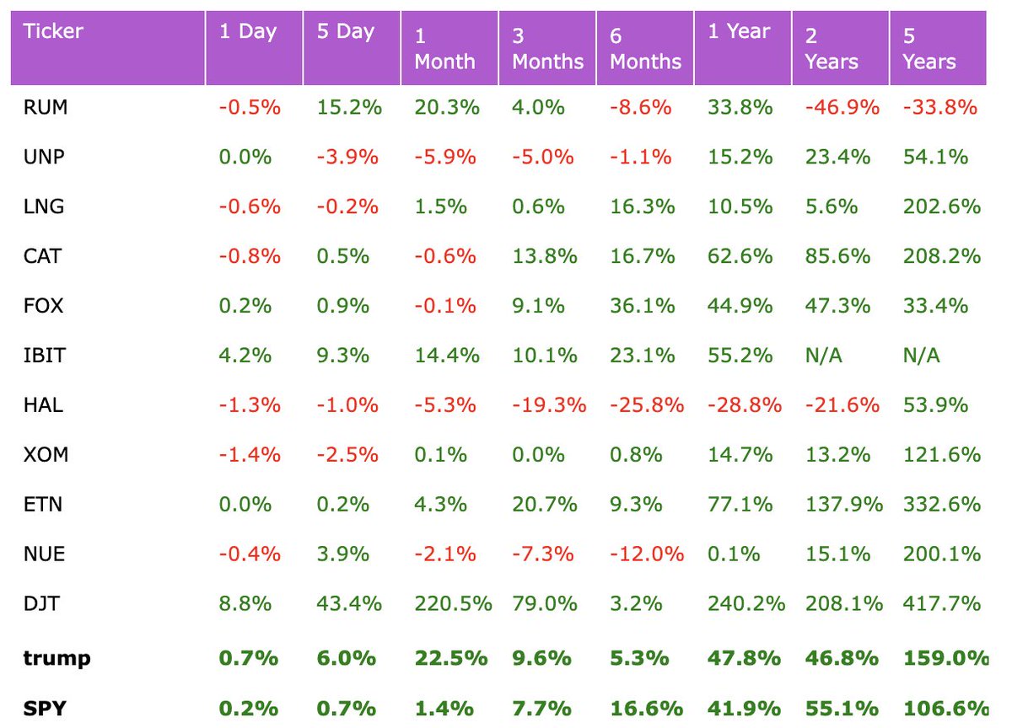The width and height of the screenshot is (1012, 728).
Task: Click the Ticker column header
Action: pyautogui.click(x=53, y=33)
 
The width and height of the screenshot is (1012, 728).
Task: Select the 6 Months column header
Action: pyautogui.click(x=645, y=49)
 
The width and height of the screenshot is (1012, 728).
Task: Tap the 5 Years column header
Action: pyautogui.click(x=929, y=49)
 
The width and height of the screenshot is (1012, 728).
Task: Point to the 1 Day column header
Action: pyautogui.click(x=247, y=32)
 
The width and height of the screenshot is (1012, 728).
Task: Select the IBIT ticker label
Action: pyautogui.click(x=44, y=356)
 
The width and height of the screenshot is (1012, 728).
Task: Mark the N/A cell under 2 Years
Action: pyautogui.click(x=823, y=356)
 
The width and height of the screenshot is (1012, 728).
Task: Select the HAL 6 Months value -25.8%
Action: pyautogui.click(x=646, y=405)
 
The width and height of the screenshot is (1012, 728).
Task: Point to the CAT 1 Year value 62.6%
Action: pyautogui.click(x=740, y=256)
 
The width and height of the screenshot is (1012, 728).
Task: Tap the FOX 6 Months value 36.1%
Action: pyautogui.click(x=643, y=306)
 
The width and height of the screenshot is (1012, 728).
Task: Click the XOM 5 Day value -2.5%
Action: pyautogui.click(x=347, y=455)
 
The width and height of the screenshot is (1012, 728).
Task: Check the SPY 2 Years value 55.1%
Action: pyautogui.click(x=833, y=708)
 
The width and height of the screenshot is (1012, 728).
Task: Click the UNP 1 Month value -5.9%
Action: pyautogui.click(x=445, y=158)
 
